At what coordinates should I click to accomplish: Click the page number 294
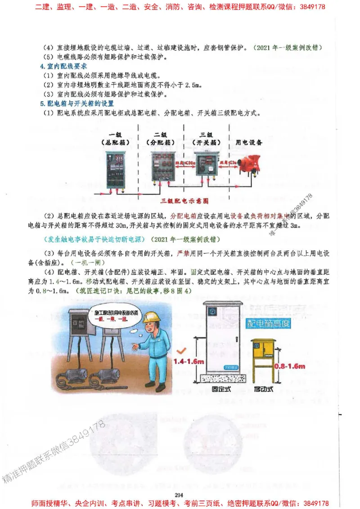click(x=180, y=495)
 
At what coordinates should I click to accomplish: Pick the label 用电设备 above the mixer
click(x=249, y=143)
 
